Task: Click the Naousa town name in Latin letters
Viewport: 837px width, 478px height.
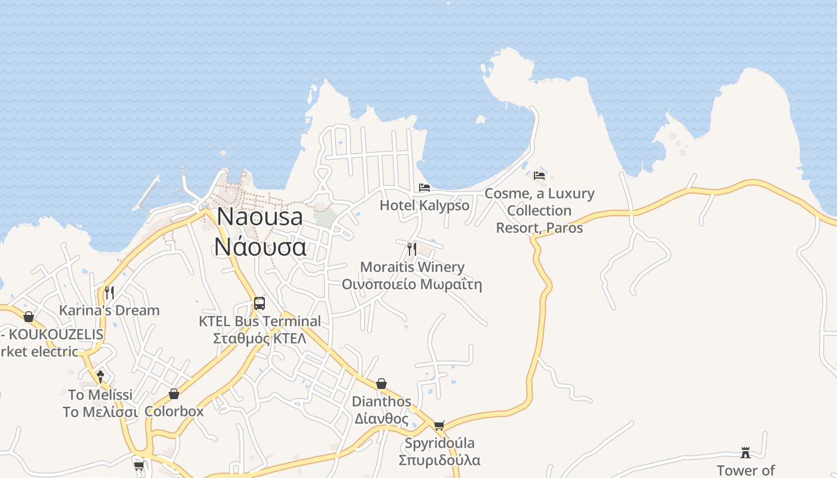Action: pos(259,216)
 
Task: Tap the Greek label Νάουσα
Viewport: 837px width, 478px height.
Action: pos(260,246)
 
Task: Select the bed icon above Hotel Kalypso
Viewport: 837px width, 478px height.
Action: pos(424,188)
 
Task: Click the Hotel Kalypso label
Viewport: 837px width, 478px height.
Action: pos(424,206)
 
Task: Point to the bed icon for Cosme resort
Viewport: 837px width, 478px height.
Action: pos(539,176)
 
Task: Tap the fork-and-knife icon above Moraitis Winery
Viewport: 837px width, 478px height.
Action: pos(411,249)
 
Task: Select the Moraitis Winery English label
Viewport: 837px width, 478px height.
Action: pos(412,267)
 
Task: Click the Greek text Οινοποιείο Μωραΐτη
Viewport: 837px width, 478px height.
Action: pos(412,284)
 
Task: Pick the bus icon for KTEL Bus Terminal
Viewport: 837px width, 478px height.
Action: pos(259,303)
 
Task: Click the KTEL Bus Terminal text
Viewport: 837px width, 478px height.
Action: pos(260,321)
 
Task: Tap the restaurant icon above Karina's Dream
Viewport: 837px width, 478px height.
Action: pos(109,292)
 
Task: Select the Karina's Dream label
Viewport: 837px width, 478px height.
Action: pos(109,310)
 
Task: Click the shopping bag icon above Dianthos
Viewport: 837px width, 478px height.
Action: pos(381,384)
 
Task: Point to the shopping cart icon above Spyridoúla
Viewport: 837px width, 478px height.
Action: pos(439,425)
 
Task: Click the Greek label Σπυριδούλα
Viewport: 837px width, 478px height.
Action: pos(440,460)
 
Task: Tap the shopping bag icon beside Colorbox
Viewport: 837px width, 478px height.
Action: pos(174,394)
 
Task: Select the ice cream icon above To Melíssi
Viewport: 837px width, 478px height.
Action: pos(100,377)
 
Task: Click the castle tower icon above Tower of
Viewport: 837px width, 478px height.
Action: pos(746,452)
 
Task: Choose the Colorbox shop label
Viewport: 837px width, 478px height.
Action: pos(174,412)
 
